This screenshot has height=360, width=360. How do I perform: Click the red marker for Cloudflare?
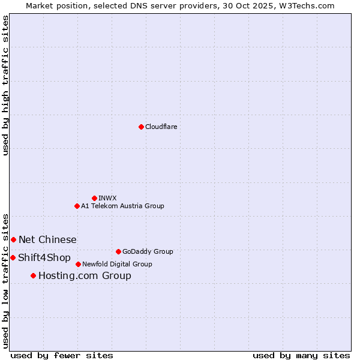tap(141, 127)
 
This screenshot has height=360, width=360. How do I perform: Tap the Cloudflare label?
tap(161, 127)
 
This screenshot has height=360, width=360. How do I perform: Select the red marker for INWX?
tap(94, 198)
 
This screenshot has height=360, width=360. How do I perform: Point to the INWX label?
tap(107, 198)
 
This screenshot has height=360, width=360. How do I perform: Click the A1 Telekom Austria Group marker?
tap(77, 206)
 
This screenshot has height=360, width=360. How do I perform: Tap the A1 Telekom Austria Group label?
tap(122, 206)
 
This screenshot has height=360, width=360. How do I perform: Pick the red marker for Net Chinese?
tap(13, 239)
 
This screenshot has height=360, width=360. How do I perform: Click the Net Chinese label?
tap(47, 240)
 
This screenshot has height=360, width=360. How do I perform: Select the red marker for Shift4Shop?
tap(13, 257)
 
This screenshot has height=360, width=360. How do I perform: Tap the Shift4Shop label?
tap(44, 258)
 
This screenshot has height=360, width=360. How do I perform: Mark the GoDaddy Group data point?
tap(118, 251)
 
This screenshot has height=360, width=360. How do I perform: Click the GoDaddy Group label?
tap(148, 251)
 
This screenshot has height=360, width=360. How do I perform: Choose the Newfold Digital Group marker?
tap(78, 264)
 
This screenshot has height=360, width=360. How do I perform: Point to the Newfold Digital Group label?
tap(117, 264)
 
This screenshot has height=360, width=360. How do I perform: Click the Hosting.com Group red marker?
tap(33, 275)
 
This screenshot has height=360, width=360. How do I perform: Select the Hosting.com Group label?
tap(85, 276)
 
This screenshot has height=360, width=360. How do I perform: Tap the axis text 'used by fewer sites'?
tap(62, 355)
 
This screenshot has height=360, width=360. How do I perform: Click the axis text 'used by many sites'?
tap(301, 355)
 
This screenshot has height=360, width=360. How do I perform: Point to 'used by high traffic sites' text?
tap(6, 85)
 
